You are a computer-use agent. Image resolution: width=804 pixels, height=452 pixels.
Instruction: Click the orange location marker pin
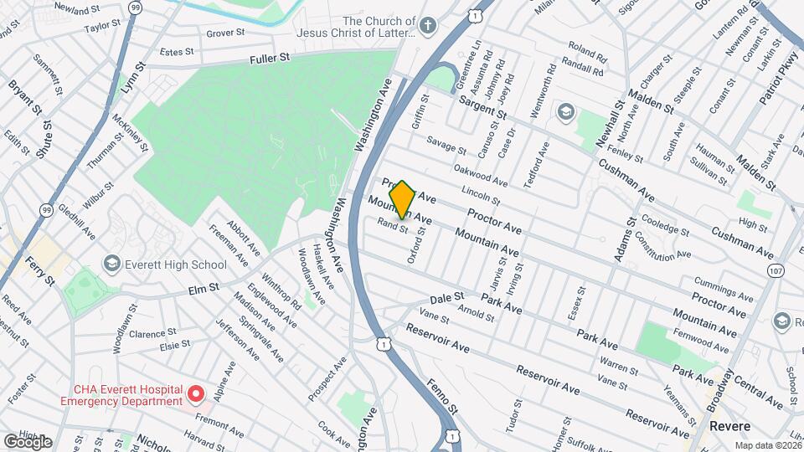(x=402, y=198)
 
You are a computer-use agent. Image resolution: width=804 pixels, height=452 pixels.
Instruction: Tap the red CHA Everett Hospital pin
(x=195, y=393)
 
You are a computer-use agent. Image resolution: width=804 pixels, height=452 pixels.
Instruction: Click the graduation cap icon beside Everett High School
(x=110, y=265)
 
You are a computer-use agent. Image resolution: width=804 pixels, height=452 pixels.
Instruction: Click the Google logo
(x=28, y=441)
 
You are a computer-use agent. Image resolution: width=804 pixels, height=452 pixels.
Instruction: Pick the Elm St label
(x=204, y=287)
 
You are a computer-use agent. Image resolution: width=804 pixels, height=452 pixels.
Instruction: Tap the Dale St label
(x=446, y=297)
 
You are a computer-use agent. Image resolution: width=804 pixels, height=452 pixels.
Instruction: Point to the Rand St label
(x=392, y=225)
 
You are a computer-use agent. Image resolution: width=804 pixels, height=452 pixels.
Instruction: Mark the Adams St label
(x=624, y=239)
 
